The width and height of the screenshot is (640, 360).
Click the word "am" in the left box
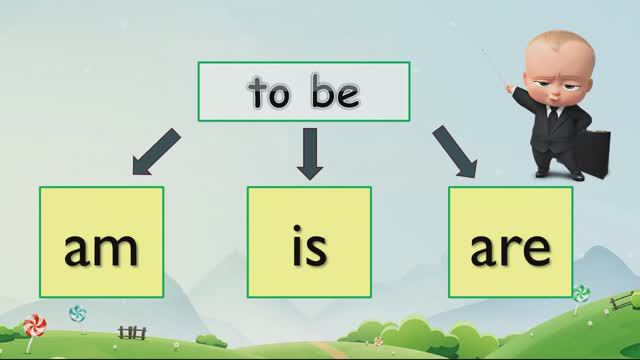(x=101, y=248)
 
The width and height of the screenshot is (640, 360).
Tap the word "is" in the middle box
(x=309, y=248)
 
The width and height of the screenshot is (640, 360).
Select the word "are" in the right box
(x=510, y=248)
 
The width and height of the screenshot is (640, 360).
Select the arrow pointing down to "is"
(x=310, y=154)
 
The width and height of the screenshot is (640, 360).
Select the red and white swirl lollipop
(x=34, y=325)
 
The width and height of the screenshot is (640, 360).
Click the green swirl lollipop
(x=581, y=293)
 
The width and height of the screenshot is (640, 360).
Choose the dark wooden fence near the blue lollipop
(x=132, y=331)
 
